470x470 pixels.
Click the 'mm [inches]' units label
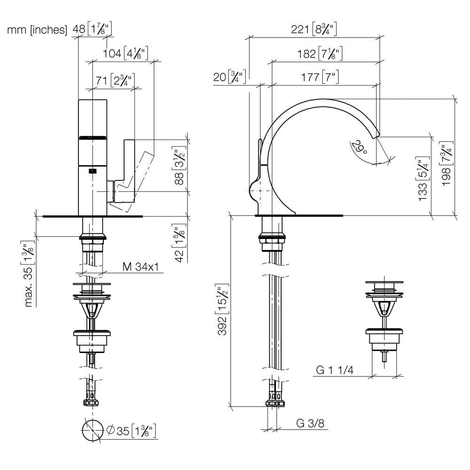tap(37, 30)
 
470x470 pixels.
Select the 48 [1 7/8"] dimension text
tap(92, 29)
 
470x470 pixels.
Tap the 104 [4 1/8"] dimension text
tap(125, 54)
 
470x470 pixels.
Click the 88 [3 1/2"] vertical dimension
tap(179, 165)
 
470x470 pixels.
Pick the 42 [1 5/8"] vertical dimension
tap(179, 243)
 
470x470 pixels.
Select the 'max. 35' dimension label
tap(28, 274)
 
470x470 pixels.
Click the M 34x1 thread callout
tap(141, 266)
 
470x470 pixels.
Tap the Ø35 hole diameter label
tap(132, 431)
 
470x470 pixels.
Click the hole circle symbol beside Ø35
tap(93, 431)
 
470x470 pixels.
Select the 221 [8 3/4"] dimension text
tap(314, 29)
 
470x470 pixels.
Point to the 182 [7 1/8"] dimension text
tap(320, 54)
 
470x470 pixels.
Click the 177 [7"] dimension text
tap(320, 77)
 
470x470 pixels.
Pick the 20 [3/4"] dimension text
tap(230, 77)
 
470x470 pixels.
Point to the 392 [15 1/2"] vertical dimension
tap(222, 309)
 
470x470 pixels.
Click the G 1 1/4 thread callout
tap(335, 370)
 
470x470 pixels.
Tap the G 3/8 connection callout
tap(310, 423)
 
